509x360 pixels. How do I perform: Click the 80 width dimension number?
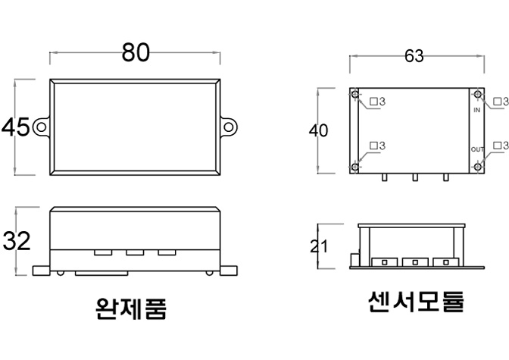[136, 52]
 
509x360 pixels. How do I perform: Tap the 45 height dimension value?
[16, 127]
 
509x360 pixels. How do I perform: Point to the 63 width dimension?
[414, 58]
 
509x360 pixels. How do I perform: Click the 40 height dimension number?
[319, 130]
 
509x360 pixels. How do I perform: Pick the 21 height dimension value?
[319, 246]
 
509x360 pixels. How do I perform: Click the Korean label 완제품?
[130, 308]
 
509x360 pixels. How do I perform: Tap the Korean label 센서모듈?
[415, 302]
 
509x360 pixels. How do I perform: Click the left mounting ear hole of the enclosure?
[39, 127]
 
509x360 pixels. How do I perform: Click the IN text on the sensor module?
[477, 110]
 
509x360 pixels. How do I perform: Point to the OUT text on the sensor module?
[477, 149]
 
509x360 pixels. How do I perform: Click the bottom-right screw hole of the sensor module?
[478, 167]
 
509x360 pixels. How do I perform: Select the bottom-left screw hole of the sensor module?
[355, 167]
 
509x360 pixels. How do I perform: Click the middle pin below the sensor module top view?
[414, 179]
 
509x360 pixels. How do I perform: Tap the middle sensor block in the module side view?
[414, 262]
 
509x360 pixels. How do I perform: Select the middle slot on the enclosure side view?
[136, 252]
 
